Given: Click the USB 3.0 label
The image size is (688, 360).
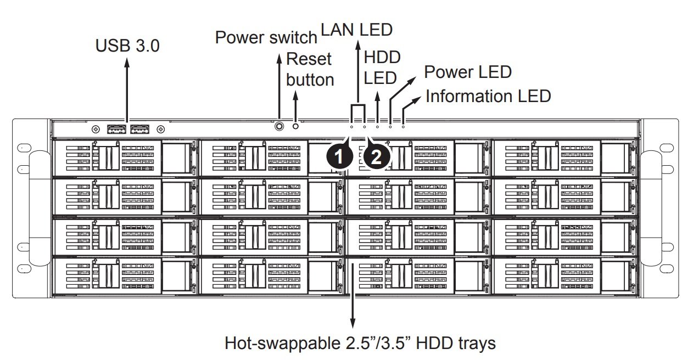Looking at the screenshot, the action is pyautogui.click(x=127, y=46).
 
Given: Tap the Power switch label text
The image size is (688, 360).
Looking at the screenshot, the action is pyautogui.click(x=266, y=37).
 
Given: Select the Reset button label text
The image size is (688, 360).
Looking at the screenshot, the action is pyautogui.click(x=310, y=69).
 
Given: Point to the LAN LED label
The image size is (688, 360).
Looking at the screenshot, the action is pyautogui.click(x=356, y=30).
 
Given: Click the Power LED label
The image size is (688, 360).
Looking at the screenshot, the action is pyautogui.click(x=468, y=72).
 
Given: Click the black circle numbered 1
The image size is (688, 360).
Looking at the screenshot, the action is pyautogui.click(x=339, y=157).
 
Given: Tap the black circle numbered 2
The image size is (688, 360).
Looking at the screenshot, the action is pyautogui.click(x=377, y=157).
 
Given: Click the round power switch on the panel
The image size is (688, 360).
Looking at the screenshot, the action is pyautogui.click(x=279, y=126).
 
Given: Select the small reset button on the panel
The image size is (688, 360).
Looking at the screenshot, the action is pyautogui.click(x=295, y=126).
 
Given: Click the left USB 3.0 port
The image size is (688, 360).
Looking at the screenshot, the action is pyautogui.click(x=117, y=129).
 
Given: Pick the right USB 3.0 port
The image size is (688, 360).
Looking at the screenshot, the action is pyautogui.click(x=140, y=129).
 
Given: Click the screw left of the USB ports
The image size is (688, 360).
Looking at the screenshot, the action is pyautogui.click(x=96, y=129).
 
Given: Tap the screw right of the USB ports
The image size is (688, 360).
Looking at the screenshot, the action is pyautogui.click(x=161, y=129).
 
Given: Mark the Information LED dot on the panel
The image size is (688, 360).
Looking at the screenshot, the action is pyautogui.click(x=403, y=126).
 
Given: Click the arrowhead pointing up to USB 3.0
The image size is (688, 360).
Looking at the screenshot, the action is pyautogui.click(x=127, y=62).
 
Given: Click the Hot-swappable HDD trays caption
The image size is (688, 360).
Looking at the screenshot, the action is pyautogui.click(x=360, y=343).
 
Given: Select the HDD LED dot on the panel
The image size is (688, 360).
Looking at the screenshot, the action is pyautogui.click(x=377, y=126).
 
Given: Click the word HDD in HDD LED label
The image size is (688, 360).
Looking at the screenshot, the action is pyautogui.click(x=382, y=57).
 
